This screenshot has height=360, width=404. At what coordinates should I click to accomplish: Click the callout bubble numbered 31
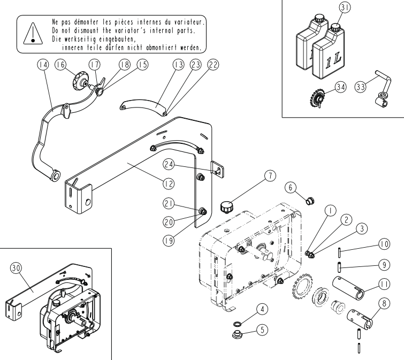pos(345,7)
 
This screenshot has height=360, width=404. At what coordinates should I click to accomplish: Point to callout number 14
pos(43,65)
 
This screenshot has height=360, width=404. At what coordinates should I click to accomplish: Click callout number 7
pos(270,176)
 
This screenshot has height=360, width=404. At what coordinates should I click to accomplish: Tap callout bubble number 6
pos(291,187)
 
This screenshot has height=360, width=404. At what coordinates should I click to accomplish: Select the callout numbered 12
pos(169,183)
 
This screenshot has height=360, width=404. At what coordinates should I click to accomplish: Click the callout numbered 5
pos(262,330)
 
